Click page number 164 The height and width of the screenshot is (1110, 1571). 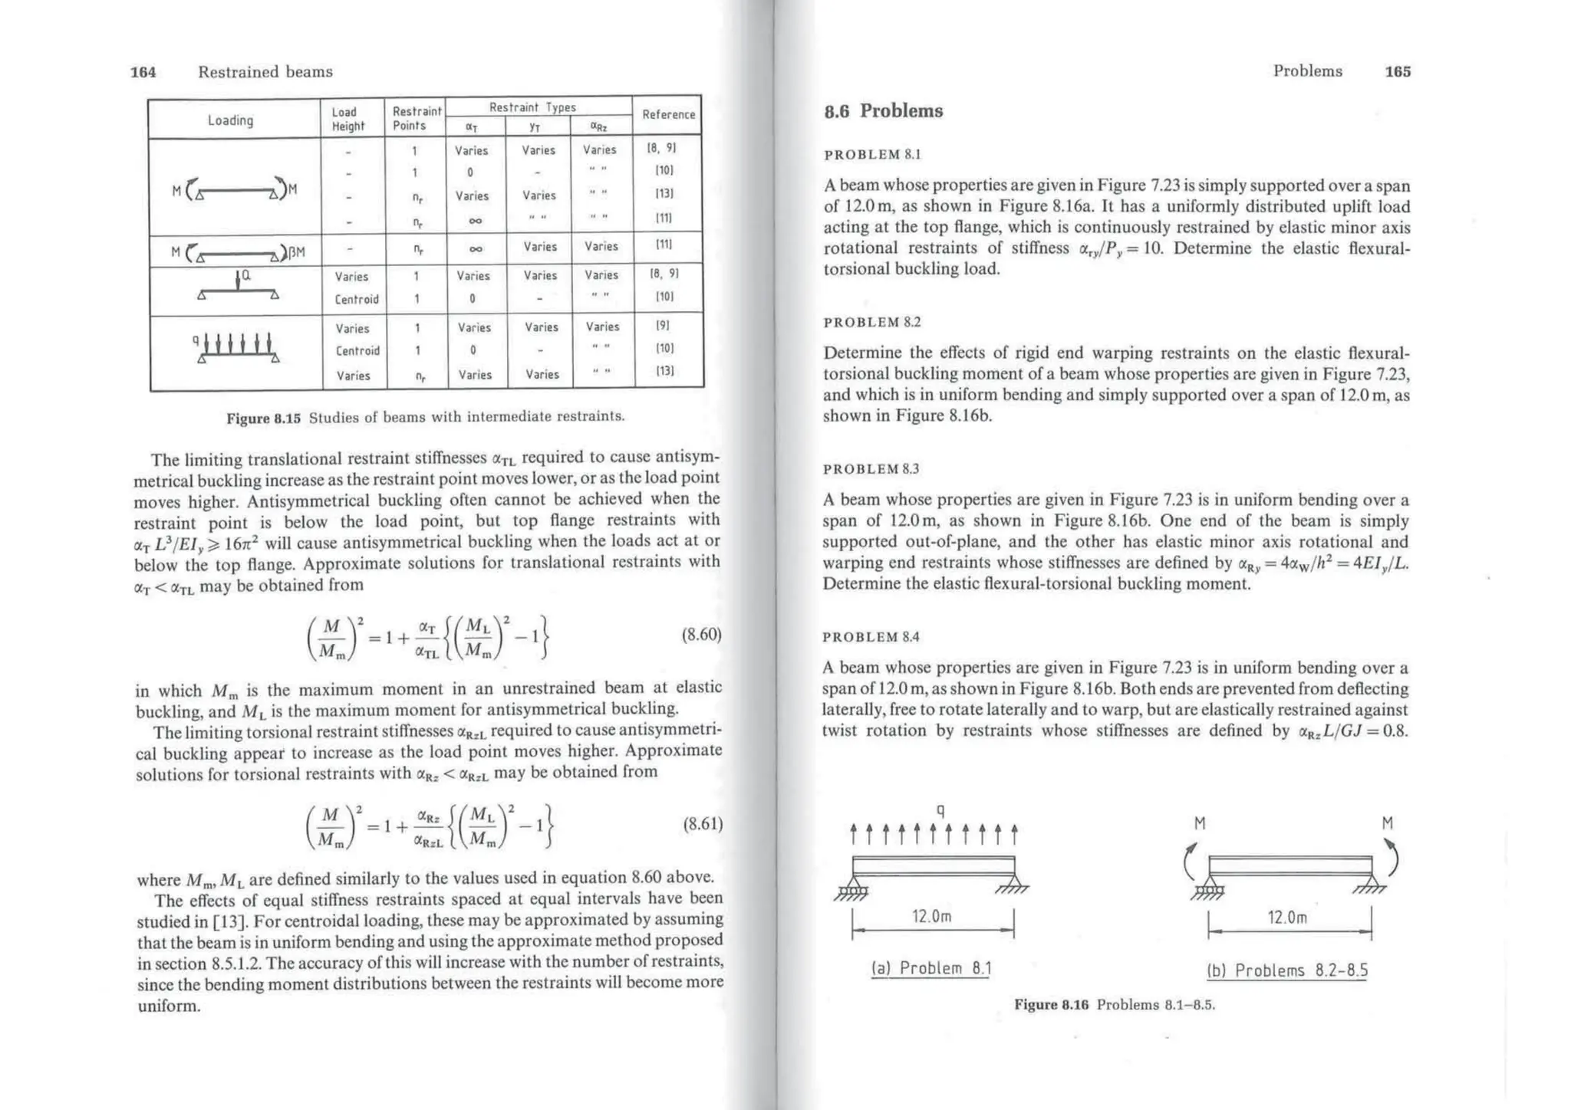[x=143, y=72]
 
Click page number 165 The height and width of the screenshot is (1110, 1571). [x=1397, y=71]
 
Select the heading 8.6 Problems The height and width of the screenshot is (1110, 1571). [x=883, y=111]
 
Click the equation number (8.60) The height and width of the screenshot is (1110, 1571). [x=701, y=635]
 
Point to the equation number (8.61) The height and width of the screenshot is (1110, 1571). [x=702, y=824]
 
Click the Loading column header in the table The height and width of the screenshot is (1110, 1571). [x=230, y=120]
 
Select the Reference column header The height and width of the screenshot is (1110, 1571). [x=668, y=115]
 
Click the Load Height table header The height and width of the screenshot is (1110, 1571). [x=348, y=119]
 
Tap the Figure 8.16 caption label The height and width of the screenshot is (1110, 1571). [x=1051, y=1005]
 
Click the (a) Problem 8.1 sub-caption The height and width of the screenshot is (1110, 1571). [x=931, y=968]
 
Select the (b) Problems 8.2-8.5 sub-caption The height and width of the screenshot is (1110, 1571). [x=1287, y=970]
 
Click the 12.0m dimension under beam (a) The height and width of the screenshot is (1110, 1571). [x=931, y=916]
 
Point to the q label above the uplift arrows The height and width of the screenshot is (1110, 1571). [x=940, y=810]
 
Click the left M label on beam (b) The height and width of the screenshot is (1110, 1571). [x=1200, y=823]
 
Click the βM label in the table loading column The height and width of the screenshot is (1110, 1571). [x=295, y=252]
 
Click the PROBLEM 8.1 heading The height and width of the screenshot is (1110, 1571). [x=872, y=155]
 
